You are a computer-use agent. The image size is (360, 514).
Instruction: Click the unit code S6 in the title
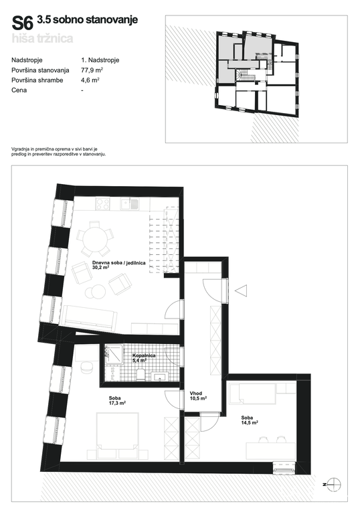(x=23, y=23)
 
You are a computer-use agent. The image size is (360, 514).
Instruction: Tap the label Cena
(x=19, y=90)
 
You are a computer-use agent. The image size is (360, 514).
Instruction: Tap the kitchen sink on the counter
(x=129, y=204)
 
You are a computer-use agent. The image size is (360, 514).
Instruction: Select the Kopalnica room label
(x=144, y=355)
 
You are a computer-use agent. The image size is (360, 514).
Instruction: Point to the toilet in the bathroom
(x=141, y=374)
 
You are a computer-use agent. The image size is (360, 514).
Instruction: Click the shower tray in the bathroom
(x=114, y=354)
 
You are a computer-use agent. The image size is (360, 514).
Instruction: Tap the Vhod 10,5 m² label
(x=198, y=396)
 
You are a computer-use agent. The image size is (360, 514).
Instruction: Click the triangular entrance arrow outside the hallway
(x=241, y=290)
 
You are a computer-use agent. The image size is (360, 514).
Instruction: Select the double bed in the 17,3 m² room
(x=117, y=431)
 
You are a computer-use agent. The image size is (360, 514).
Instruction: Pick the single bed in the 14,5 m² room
(x=252, y=394)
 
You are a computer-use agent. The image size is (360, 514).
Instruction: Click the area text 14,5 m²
(x=250, y=423)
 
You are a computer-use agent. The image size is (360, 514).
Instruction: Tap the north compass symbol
(x=334, y=484)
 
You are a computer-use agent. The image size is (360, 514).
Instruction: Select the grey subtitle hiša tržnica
(x=42, y=38)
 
